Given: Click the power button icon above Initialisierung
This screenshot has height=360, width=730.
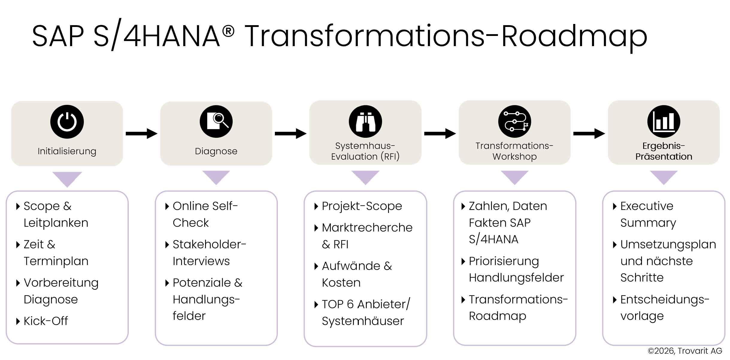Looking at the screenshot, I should coord(67,122).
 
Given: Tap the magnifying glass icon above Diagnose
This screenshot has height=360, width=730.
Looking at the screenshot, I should coord(216,122).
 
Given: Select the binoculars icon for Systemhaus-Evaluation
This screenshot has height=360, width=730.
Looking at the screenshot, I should coord(365,122).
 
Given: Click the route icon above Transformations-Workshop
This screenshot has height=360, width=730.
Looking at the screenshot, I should coord(514,122).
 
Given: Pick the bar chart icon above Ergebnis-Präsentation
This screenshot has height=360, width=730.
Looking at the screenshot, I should coord(664,122).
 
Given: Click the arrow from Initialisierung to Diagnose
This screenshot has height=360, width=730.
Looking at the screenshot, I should coord(141,134).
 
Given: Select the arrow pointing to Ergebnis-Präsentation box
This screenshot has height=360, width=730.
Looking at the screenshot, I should coord(589,134).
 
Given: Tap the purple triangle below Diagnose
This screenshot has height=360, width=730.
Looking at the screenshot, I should coord(216,177).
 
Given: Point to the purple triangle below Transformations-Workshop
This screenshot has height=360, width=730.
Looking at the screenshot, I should coord(514,177).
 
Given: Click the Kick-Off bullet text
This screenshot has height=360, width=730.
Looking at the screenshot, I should coord(46,321).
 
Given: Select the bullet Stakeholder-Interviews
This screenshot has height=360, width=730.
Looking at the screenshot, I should coord(209,253).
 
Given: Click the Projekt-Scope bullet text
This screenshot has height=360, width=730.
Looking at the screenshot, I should coord(361,206).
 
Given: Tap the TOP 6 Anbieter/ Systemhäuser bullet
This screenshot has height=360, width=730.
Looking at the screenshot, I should coord(365,312).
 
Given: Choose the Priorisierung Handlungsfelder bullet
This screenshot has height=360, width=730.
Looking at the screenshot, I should coord(516,269).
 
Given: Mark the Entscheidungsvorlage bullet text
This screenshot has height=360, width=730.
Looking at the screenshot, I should coord(664,308).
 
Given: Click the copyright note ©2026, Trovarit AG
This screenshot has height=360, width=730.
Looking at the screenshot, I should coord(684,351).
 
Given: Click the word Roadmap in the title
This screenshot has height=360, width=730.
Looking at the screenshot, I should coord(574,37).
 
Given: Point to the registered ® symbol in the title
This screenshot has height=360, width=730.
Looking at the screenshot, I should coord(228,31).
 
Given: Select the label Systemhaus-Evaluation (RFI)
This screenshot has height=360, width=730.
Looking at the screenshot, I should coord(365,151).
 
